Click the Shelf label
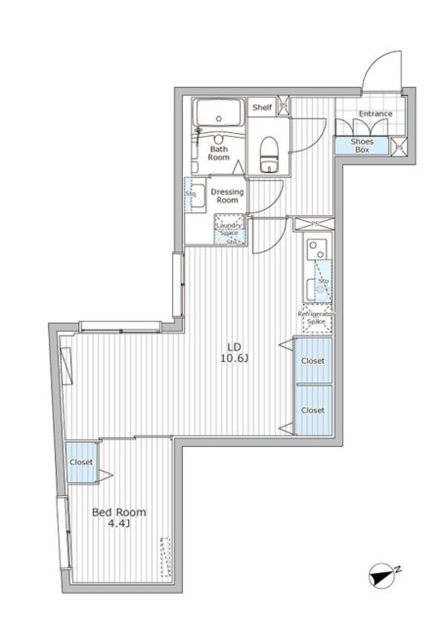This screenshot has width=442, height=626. (262, 107)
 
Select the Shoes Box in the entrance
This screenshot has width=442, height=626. (362, 145)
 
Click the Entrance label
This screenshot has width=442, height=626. (376, 114)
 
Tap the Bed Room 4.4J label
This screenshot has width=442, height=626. (119, 517)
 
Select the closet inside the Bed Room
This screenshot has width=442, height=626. (81, 462)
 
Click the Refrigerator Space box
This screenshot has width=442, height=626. (316, 318)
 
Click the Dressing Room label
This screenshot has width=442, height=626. (227, 196)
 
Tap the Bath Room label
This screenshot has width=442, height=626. (219, 153)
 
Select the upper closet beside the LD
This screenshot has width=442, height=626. (313, 361)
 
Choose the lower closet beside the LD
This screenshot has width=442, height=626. (313, 410)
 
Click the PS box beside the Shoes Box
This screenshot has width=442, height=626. (398, 146)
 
